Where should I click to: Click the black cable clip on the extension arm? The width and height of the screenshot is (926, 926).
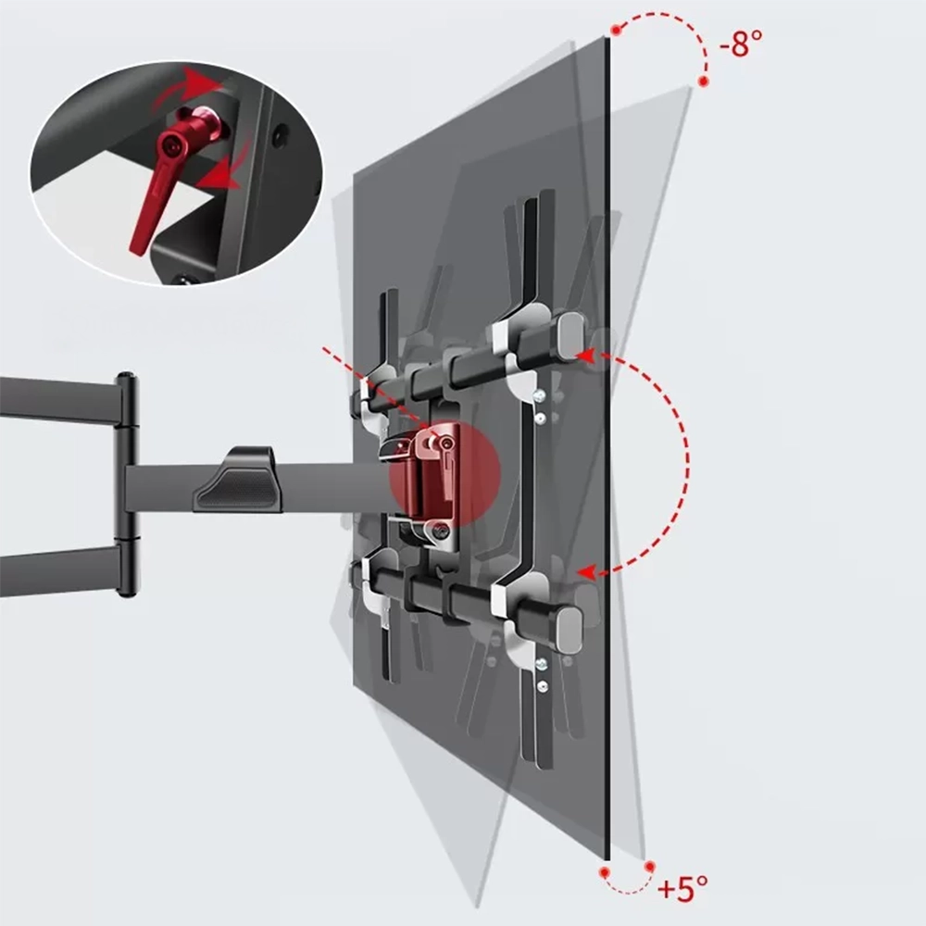pos(237,480)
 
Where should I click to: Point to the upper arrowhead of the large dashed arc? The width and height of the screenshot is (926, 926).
pos(583,354)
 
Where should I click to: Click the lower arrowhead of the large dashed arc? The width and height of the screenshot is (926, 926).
pos(583,574)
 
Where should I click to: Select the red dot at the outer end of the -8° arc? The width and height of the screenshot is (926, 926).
pos(704,82)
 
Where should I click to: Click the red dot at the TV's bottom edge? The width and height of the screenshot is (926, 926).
pos(604,870)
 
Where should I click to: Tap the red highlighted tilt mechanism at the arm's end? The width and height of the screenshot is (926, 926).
pos(443,475)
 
